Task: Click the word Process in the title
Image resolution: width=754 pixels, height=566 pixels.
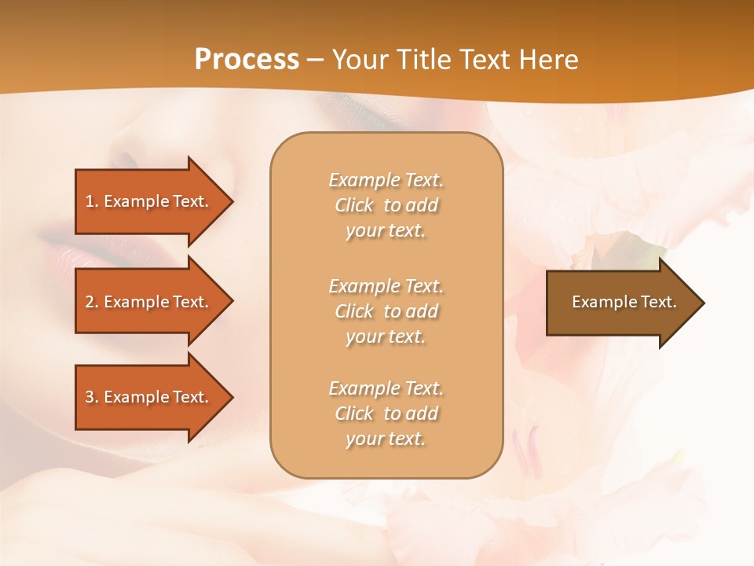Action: point(247,60)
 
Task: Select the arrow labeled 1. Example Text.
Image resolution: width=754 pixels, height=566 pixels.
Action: point(149,201)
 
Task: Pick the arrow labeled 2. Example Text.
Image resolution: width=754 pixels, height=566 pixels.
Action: point(149,302)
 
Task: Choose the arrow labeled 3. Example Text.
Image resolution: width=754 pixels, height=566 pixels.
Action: point(149,397)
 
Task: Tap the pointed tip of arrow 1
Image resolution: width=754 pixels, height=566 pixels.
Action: point(231,201)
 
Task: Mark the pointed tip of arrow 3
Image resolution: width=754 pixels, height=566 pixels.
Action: point(231,397)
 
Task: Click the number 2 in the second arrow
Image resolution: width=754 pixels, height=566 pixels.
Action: point(90,302)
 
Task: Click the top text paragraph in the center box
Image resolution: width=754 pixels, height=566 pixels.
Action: point(386,205)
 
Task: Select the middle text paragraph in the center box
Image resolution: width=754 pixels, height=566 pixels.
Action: point(386,311)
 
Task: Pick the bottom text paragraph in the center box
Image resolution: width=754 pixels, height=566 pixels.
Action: point(386,413)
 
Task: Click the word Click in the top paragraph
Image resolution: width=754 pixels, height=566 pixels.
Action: point(354,205)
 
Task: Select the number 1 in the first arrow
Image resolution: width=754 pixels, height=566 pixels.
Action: point(89,201)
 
